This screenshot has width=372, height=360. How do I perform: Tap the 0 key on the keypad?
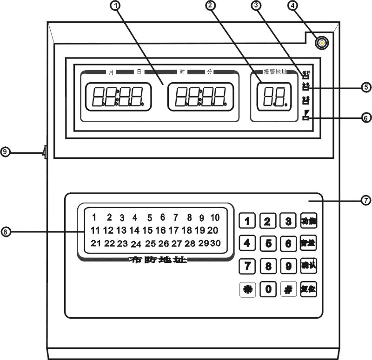(268, 289)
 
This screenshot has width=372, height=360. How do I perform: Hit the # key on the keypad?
(288, 289)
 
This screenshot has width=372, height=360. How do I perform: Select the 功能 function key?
(308, 221)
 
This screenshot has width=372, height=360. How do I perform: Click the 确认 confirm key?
(308, 266)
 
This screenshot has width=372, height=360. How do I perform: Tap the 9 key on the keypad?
(288, 266)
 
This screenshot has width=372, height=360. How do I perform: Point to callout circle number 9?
(5, 152)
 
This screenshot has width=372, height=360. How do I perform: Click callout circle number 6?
(366, 118)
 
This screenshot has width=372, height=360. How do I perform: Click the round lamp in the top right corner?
(321, 43)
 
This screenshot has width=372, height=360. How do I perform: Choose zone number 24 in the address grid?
(136, 244)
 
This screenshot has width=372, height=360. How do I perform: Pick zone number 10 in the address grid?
(215, 217)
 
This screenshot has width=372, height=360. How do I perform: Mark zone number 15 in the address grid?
(147, 230)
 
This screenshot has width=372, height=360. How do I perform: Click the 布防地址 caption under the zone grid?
(158, 260)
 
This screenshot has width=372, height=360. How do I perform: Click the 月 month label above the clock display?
(111, 72)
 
